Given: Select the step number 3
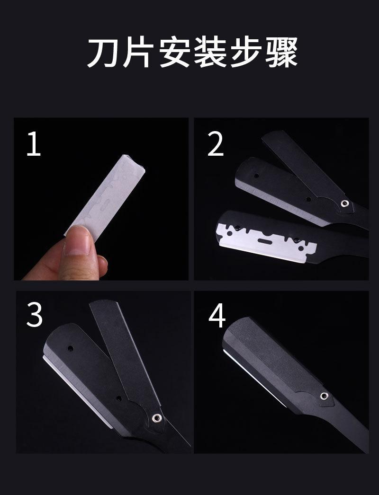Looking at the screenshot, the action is pyautogui.click(x=35, y=315).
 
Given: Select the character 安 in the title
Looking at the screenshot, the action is pyautogui.click(x=174, y=53).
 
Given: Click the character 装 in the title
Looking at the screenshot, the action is pyautogui.click(x=209, y=53).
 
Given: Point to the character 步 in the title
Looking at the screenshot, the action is pyautogui.click(x=245, y=53).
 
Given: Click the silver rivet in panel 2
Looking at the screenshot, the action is pyautogui.click(x=344, y=203).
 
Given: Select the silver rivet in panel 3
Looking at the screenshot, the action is pyautogui.click(x=157, y=418).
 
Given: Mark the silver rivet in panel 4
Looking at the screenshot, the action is pyautogui.click(x=324, y=396).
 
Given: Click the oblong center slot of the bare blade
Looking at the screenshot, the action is pyautogui.click(x=265, y=241).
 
